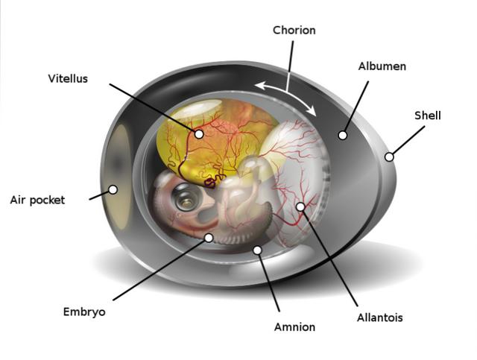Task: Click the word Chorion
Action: point(294,31)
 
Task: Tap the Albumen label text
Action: point(382,66)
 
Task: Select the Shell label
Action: point(427,116)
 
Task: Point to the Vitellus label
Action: point(68,79)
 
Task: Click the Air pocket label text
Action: point(37,200)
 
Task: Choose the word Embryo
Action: point(84,312)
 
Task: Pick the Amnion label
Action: point(294,327)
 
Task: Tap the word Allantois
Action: point(379,318)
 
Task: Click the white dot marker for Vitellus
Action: point(199,134)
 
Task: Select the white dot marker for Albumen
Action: point(343,136)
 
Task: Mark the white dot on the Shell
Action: point(389,157)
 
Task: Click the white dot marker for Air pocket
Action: point(113,189)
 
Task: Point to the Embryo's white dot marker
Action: point(209,238)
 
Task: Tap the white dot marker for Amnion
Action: point(257,250)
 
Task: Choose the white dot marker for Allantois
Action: point(300,207)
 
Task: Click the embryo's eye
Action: point(186,197)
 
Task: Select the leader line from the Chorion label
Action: point(289,66)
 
